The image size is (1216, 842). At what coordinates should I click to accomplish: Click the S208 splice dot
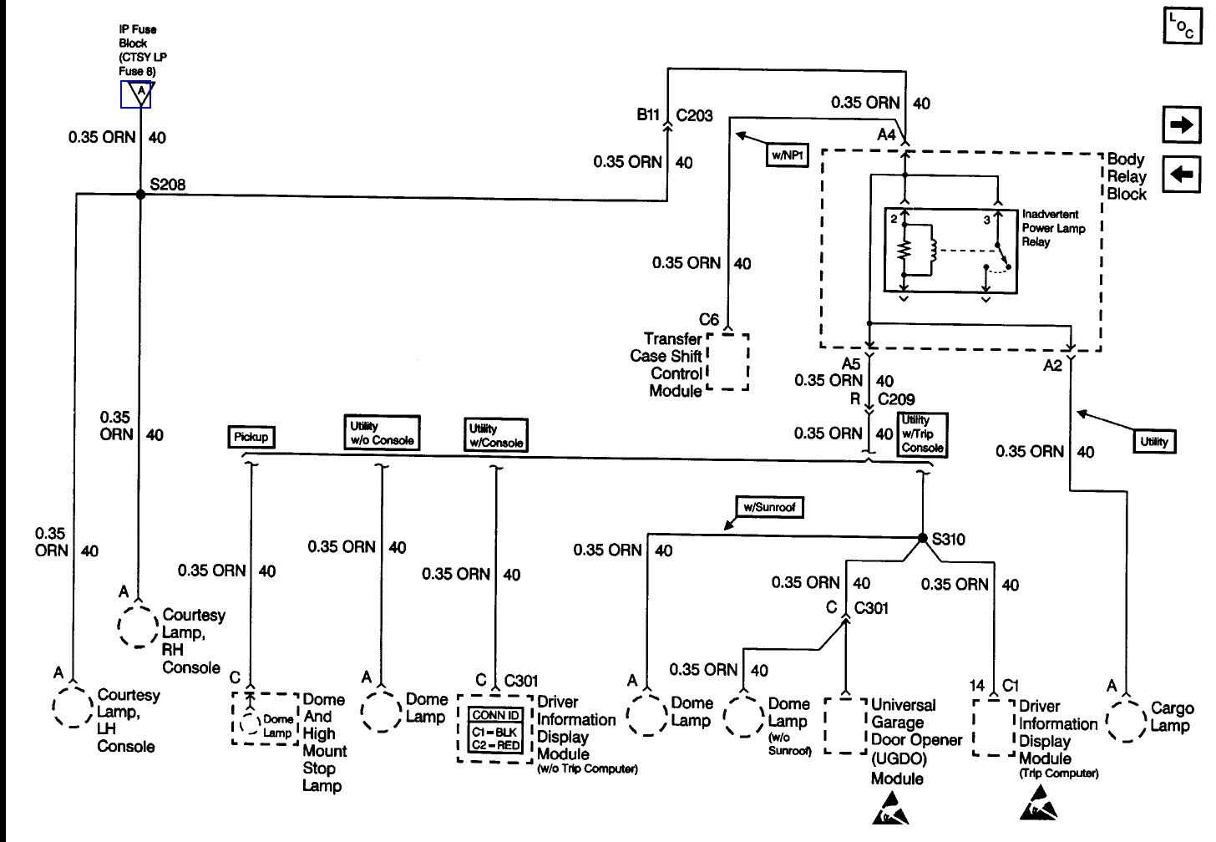tap(139, 194)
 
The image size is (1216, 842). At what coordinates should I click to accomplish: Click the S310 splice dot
tap(922, 538)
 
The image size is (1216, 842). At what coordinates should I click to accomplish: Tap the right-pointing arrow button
tap(1181, 125)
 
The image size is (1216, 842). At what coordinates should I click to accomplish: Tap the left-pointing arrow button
tap(1181, 175)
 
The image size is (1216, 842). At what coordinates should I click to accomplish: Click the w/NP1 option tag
tap(787, 155)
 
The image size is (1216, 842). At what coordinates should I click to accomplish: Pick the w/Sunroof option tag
tap(770, 507)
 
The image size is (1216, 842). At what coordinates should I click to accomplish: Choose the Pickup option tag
tap(251, 436)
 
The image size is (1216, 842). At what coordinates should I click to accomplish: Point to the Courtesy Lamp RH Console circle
tap(137, 625)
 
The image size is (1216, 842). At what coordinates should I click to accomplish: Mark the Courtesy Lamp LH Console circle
tap(72, 706)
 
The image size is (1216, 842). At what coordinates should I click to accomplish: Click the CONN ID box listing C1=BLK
tap(496, 730)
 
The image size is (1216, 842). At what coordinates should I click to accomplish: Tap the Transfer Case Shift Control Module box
tap(727, 361)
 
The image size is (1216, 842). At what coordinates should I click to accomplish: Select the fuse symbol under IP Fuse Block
tap(136, 94)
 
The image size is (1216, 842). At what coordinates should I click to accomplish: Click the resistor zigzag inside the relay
tap(904, 250)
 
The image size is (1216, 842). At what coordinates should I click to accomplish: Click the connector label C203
tap(694, 115)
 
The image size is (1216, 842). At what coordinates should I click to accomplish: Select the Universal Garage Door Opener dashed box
tap(845, 726)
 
